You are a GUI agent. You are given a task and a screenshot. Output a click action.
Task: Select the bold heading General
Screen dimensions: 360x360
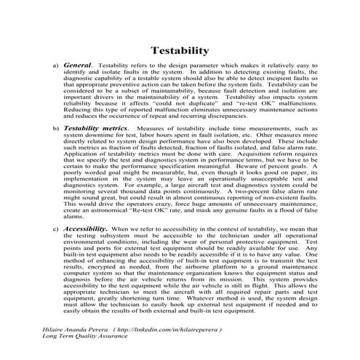click(78, 65)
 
